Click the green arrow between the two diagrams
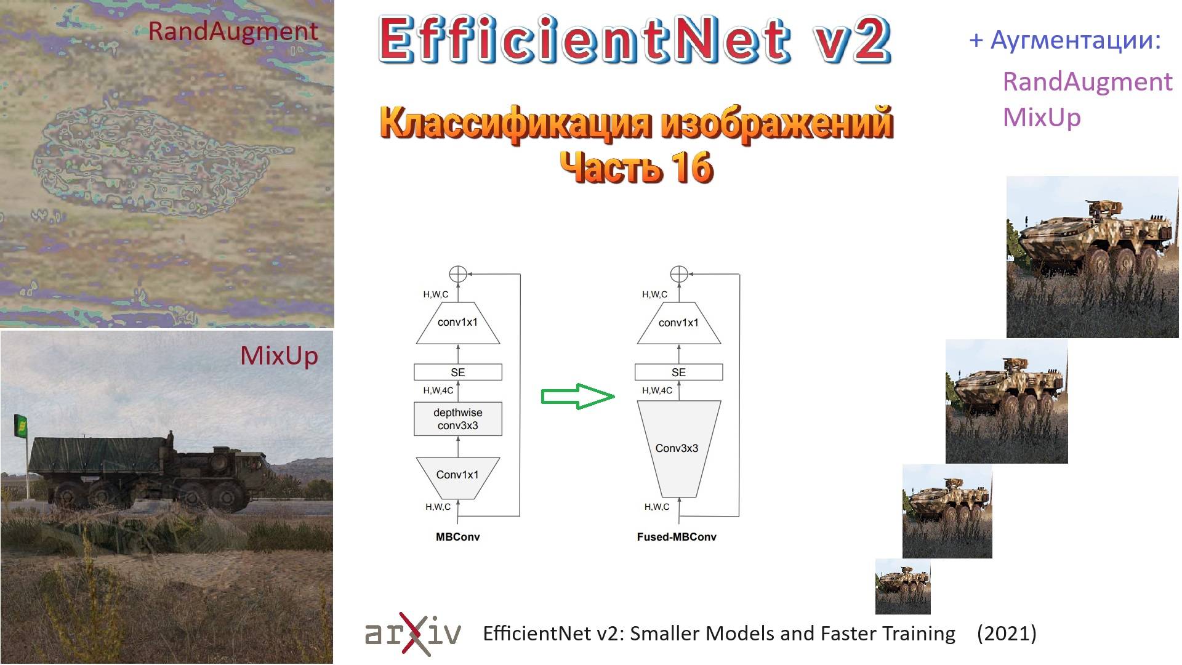pyautogui.click(x=577, y=397)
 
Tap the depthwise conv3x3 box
pyautogui.click(x=457, y=419)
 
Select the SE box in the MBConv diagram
pyautogui.click(x=457, y=373)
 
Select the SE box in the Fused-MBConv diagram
pyautogui.click(x=678, y=373)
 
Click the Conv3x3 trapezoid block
pyautogui.click(x=677, y=448)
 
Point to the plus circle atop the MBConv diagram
pyautogui.click(x=457, y=274)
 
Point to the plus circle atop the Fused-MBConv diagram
pyautogui.click(x=678, y=274)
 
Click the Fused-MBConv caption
pyautogui.click(x=677, y=537)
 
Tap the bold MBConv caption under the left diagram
pyautogui.click(x=457, y=537)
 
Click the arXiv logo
pyautogui.click(x=412, y=634)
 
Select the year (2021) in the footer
pyautogui.click(x=1007, y=634)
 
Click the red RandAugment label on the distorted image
pyautogui.click(x=233, y=31)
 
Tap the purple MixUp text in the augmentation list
pyautogui.click(x=1042, y=117)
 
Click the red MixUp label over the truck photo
pyautogui.click(x=279, y=356)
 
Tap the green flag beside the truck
pyautogui.click(x=21, y=426)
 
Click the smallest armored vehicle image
pyautogui.click(x=903, y=586)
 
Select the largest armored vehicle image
pyautogui.click(x=1092, y=257)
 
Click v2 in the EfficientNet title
pyautogui.click(x=853, y=40)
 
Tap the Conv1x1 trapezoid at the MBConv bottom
pyautogui.click(x=457, y=475)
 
